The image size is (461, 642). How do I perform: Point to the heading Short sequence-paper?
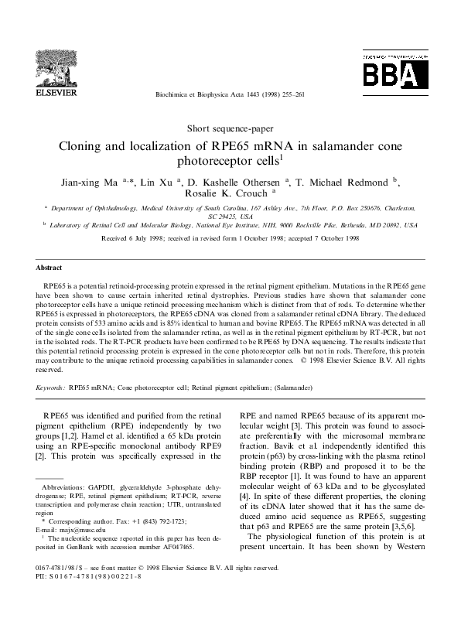pos(230,128)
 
